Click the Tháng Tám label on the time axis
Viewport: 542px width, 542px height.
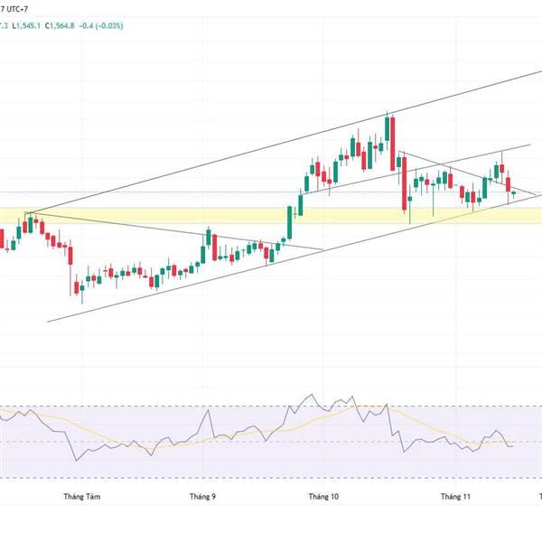(x=79, y=496)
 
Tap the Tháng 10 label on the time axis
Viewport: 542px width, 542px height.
(x=322, y=496)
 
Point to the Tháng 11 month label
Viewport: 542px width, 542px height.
(x=455, y=496)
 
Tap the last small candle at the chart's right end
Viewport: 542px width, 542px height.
(x=513, y=192)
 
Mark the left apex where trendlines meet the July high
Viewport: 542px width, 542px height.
(x=28, y=214)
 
